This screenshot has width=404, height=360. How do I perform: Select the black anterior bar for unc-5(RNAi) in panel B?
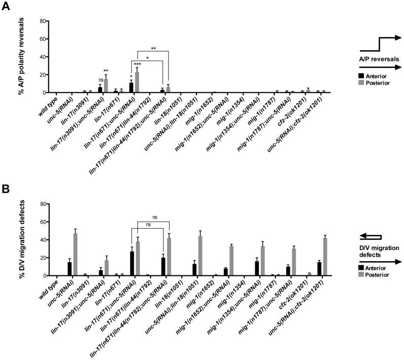70,269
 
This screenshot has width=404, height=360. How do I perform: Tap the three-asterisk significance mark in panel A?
137,64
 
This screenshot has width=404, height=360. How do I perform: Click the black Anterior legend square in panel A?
361,76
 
